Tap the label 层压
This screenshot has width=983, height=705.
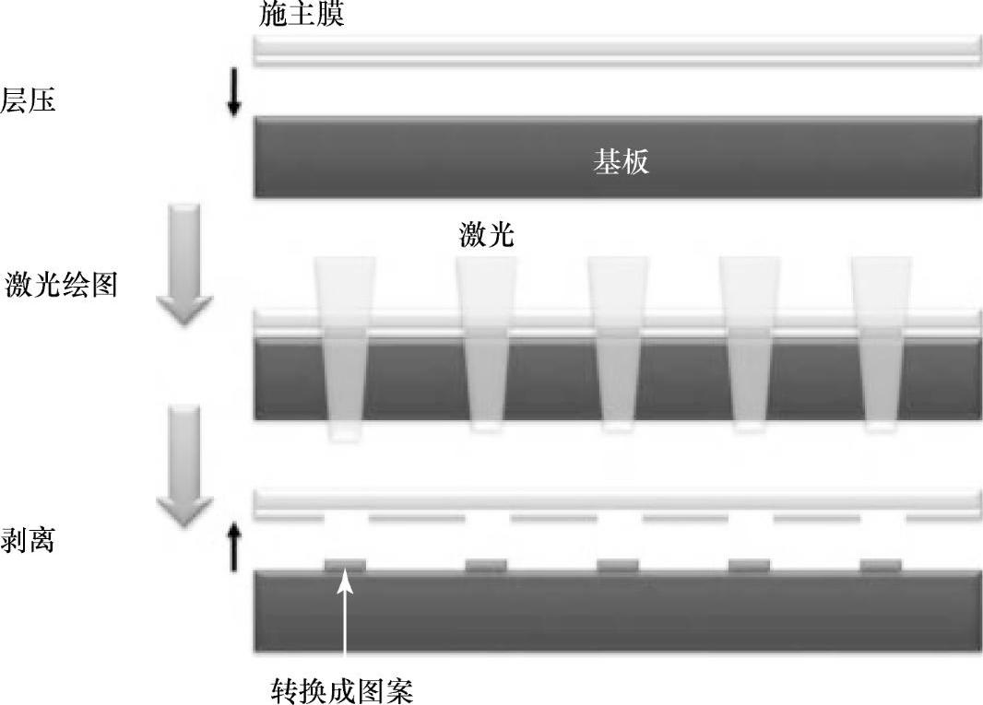(x=29, y=100)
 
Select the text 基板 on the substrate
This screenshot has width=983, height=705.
(x=620, y=162)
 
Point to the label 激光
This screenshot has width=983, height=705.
(x=486, y=235)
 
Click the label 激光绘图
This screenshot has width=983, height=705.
(x=61, y=283)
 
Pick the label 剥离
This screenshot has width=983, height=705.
(x=29, y=540)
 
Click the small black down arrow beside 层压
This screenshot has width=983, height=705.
(x=234, y=97)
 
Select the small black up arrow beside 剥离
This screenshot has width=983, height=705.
(x=234, y=546)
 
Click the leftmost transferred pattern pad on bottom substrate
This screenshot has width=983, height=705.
(x=345, y=565)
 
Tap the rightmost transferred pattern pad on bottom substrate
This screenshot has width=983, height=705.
(x=881, y=565)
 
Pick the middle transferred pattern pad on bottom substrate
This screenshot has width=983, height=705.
(x=618, y=565)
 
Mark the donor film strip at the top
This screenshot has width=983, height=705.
(x=618, y=50)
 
